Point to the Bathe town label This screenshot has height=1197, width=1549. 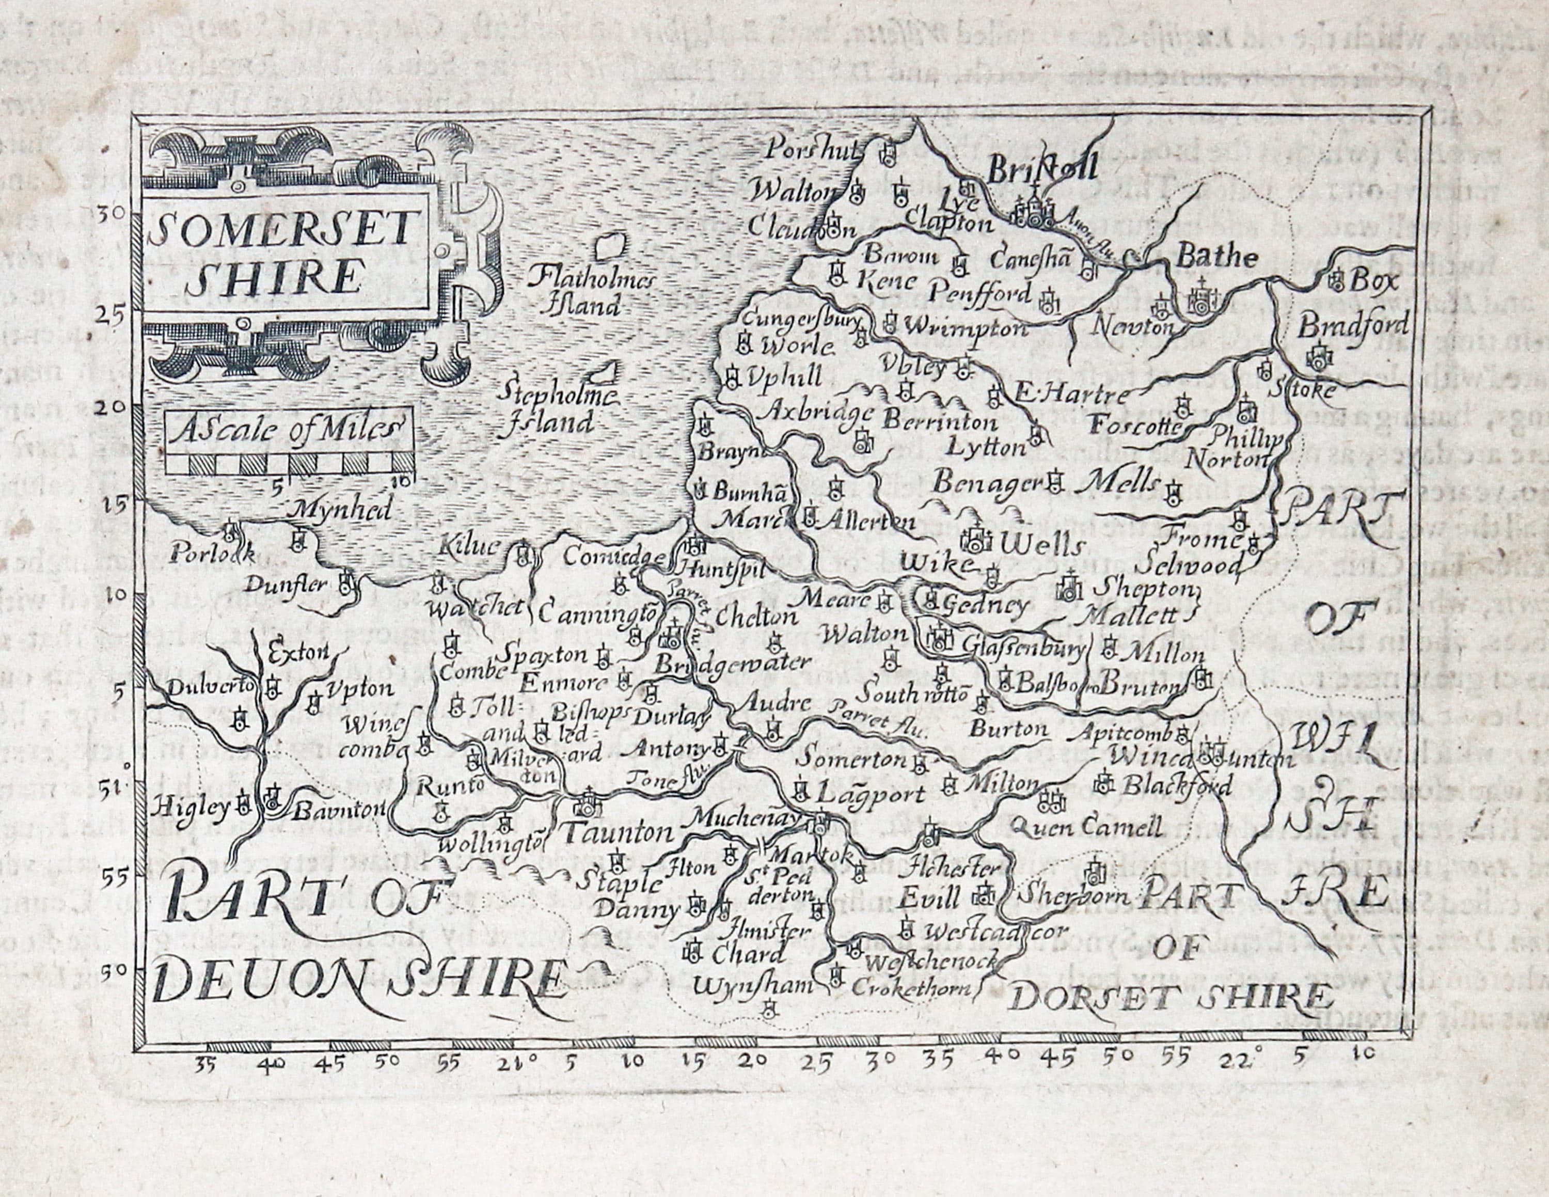1216,257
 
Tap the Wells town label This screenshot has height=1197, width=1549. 1042,545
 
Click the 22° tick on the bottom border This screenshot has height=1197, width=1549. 1238,1062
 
